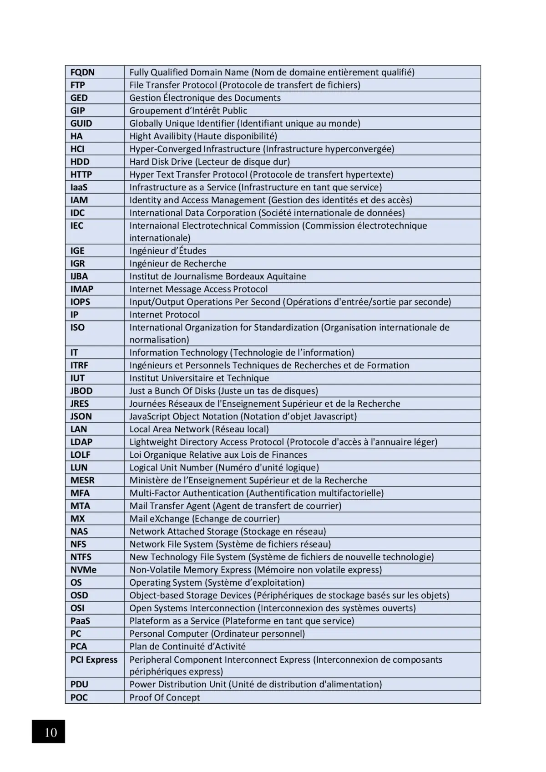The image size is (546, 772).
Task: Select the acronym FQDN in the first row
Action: coord(82,72)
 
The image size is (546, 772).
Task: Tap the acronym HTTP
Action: coord(81,174)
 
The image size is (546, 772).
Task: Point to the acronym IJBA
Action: coord(79,276)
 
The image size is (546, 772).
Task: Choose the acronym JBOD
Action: coord(81,391)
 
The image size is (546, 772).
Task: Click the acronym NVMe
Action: coord(83,570)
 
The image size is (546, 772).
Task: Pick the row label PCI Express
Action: coord(94,660)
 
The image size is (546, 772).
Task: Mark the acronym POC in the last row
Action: coord(79,697)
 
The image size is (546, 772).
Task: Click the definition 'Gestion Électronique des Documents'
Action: coord(205,98)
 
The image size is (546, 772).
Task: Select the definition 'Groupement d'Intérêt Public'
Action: coord(188,111)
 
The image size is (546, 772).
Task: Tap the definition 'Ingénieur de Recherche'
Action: coord(177,264)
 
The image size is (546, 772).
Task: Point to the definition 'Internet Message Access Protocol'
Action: coord(198,289)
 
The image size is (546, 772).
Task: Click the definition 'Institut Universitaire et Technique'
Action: coord(199,378)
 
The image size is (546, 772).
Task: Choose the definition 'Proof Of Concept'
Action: coord(165,698)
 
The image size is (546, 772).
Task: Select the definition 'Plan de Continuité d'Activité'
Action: coord(187,647)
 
